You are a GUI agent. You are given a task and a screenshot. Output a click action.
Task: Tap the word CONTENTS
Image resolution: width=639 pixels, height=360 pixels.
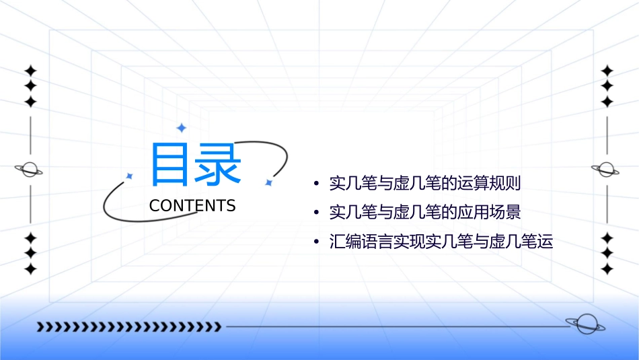point(192,206)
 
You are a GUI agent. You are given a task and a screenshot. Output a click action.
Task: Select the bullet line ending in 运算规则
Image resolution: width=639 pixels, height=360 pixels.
point(425,183)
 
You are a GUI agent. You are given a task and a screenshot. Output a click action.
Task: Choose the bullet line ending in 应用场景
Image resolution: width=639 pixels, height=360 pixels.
point(425,213)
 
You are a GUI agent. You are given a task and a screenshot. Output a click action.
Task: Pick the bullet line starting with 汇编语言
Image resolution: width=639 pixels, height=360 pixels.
point(441,242)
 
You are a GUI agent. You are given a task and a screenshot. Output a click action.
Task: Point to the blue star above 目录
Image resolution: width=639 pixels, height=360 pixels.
point(180,127)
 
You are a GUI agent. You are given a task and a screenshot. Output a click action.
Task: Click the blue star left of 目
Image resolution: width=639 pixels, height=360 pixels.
point(129,176)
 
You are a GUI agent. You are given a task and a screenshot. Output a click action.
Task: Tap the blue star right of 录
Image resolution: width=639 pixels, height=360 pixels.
point(268,182)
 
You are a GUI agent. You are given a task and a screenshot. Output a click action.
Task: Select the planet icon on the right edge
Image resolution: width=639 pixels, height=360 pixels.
point(607,170)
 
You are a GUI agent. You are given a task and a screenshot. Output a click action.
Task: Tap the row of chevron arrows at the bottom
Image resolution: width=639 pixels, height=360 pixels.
point(129,327)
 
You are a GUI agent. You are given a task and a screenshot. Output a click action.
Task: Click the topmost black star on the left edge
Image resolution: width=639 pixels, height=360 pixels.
point(30,71)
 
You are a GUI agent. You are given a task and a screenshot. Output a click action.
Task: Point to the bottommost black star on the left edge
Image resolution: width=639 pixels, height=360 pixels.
point(30,269)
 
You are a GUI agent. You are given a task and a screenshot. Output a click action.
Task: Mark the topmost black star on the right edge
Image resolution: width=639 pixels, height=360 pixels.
point(607,71)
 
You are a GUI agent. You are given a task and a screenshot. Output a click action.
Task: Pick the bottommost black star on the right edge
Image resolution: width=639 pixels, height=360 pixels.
point(607,269)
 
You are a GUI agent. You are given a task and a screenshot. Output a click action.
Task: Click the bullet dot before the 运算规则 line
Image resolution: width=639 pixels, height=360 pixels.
point(315,184)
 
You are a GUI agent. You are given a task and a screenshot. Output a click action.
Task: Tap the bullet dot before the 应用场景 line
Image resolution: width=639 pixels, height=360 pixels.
point(315,213)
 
